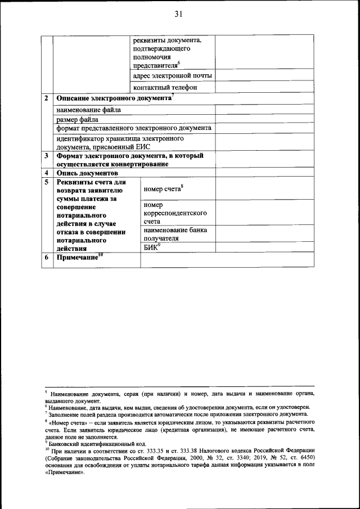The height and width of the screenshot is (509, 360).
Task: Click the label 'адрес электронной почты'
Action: (172, 76)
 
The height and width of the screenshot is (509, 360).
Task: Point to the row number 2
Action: (46, 98)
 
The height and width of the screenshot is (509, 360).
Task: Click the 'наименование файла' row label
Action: (88, 110)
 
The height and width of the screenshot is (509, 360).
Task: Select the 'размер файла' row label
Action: (77, 119)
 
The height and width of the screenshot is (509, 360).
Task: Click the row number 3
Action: (46, 156)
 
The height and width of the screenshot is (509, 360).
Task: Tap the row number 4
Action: (46, 173)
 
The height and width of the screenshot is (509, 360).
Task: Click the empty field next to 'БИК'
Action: (265, 247)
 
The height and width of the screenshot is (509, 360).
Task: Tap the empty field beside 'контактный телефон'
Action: (265, 87)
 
